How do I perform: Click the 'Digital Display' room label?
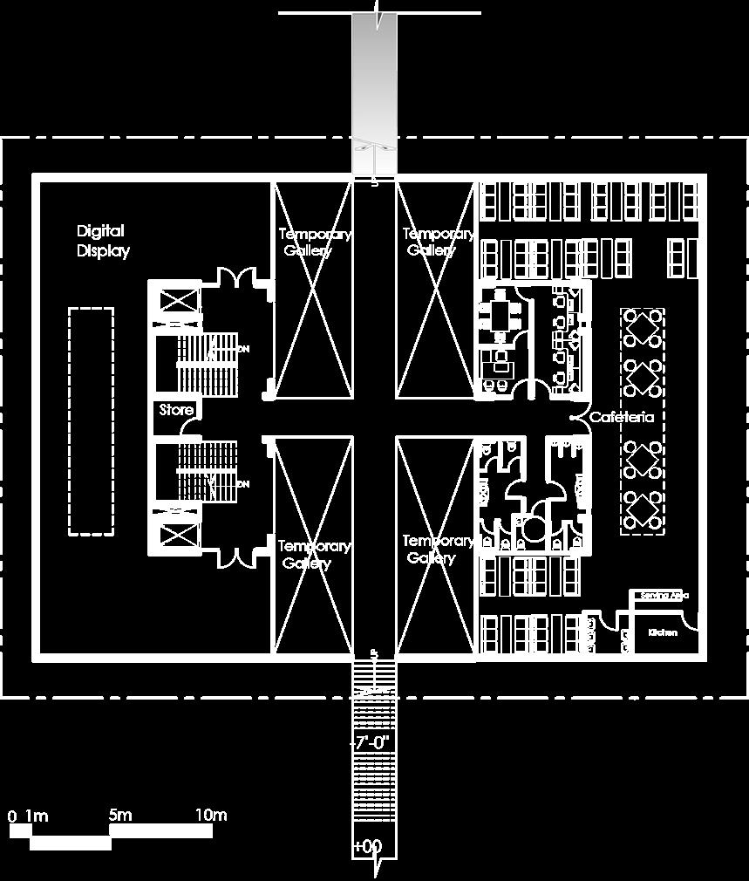(103, 242)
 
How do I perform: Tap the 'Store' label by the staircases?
(175, 410)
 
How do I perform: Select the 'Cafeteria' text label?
(622, 417)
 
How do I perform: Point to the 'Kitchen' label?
(663, 632)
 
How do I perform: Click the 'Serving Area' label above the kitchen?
(664, 596)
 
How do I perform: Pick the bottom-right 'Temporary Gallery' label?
(438, 550)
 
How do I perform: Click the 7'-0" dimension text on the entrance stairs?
(372, 743)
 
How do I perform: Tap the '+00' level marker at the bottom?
(368, 846)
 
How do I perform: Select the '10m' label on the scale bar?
(210, 816)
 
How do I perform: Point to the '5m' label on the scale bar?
(120, 816)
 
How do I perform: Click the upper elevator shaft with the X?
(177, 302)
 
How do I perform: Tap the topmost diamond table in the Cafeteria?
(643, 328)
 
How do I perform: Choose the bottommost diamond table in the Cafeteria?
(643, 508)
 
